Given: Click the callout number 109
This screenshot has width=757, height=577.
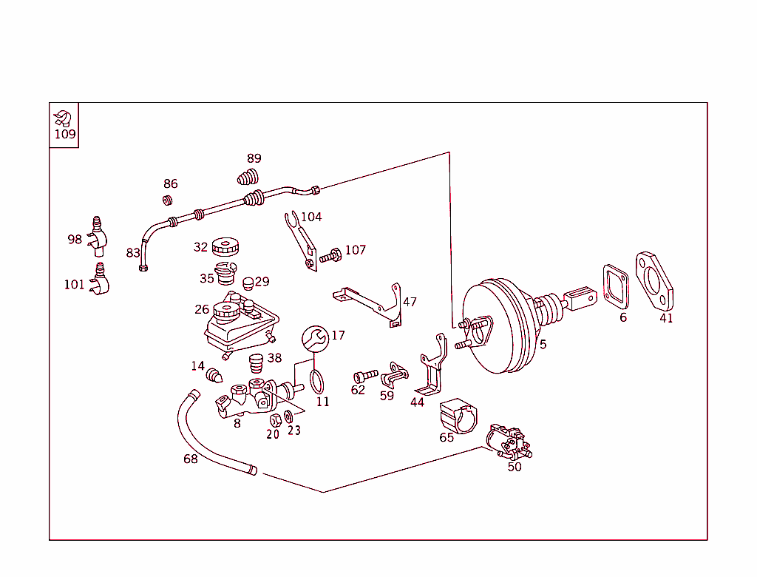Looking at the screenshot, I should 65,135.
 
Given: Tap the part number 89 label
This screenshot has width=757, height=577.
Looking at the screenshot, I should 254,158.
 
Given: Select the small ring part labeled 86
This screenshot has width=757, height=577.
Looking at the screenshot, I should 168,200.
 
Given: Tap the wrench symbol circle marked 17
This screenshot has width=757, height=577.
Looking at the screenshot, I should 315,338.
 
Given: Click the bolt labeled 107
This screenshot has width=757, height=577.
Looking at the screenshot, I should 330,257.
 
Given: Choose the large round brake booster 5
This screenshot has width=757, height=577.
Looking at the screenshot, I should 499,325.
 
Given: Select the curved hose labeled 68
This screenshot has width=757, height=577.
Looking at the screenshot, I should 203,436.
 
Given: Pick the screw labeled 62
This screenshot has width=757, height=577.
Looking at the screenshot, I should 365,375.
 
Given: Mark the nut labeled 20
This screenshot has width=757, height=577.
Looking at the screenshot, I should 275,420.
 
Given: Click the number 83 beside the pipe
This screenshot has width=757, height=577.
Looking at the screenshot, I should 133,253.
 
